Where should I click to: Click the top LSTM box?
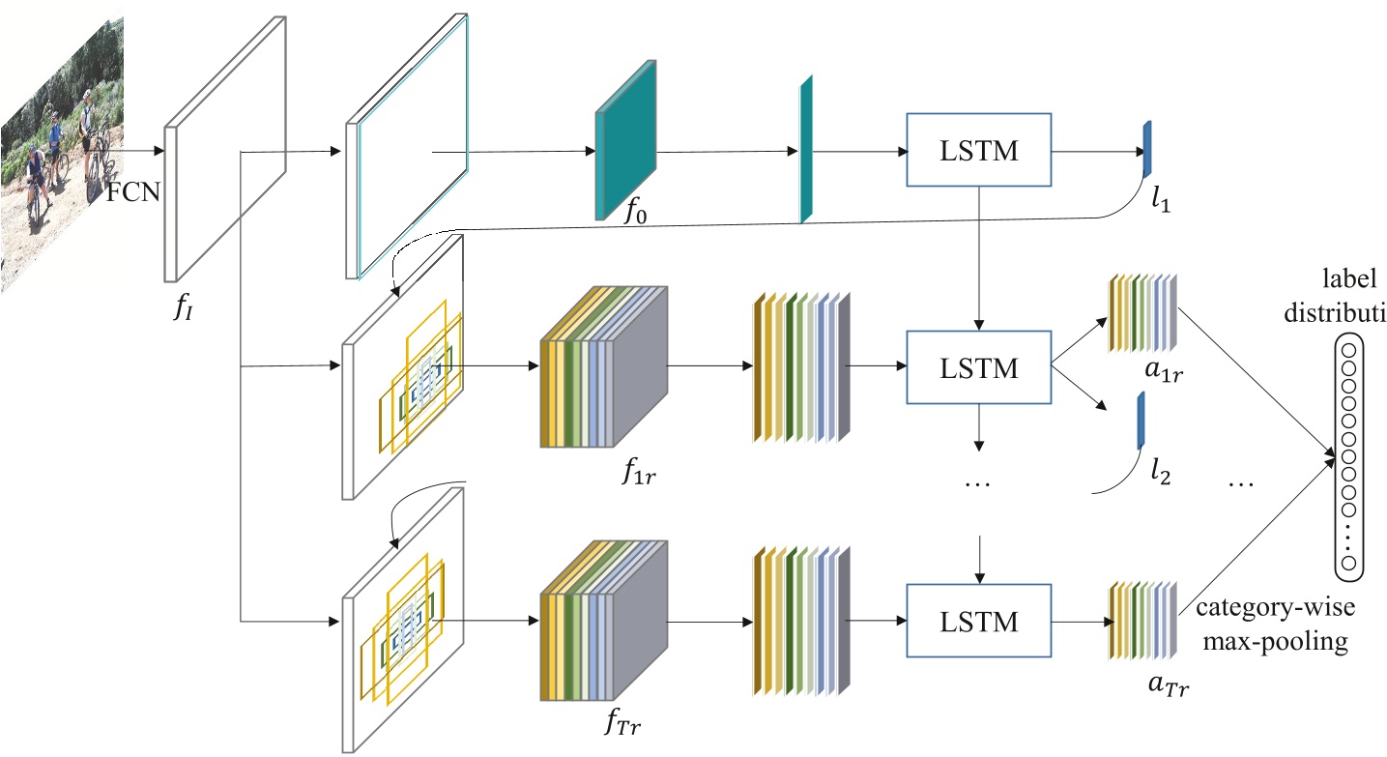click(x=979, y=150)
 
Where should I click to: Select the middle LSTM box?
click(x=979, y=367)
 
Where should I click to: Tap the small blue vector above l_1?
click(x=1147, y=150)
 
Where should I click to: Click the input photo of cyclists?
click(x=63, y=145)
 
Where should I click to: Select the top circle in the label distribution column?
click(x=1348, y=349)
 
